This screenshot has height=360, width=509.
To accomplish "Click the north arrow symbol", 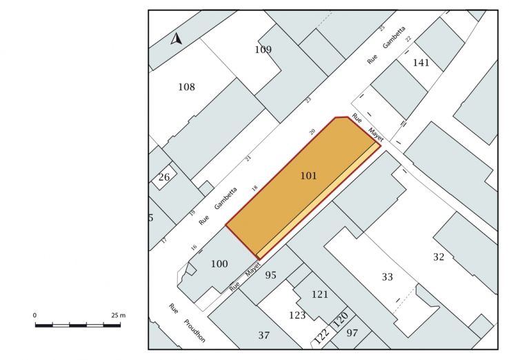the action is [177, 39].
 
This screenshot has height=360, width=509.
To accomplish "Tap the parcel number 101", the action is [308, 176].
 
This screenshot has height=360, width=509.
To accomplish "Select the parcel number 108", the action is [187, 87].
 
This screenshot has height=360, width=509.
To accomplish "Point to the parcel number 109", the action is [263, 50].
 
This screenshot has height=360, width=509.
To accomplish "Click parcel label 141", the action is [421, 62].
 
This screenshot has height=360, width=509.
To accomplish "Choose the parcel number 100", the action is [219, 263].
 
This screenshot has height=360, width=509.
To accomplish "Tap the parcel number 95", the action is [271, 275].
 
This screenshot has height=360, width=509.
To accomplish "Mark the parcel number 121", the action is [320, 294].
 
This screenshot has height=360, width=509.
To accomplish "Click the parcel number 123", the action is [297, 315].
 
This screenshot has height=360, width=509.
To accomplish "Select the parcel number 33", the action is [388, 277].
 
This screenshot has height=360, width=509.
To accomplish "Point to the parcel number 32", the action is [439, 257].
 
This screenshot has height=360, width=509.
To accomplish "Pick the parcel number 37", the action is [264, 334].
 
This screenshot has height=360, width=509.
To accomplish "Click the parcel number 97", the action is [352, 332].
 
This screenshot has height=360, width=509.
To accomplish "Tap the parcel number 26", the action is [164, 177].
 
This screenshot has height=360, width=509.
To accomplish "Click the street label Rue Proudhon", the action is [188, 323].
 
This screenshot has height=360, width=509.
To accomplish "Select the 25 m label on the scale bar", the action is [118, 315].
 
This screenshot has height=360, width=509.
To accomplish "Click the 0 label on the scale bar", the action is [34, 315].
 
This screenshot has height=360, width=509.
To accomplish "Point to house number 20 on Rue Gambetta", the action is [312, 132].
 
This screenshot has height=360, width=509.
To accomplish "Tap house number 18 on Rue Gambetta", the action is [254, 188].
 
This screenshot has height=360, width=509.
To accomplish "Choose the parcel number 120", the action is [340, 319].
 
